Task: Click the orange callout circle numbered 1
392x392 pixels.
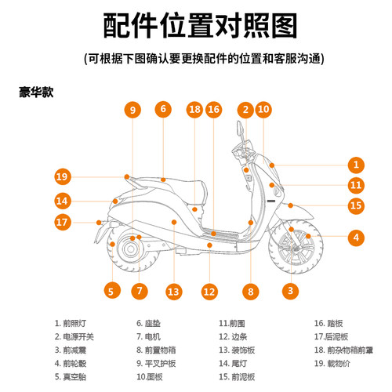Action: point(356,165)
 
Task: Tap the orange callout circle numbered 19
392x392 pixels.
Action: point(63,176)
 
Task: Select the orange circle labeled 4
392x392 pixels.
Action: point(356,237)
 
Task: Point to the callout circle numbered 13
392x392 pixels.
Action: point(173,292)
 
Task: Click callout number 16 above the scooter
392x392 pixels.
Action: point(213,110)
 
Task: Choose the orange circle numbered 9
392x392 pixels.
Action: point(132,110)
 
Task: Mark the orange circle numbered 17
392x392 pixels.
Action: point(63,222)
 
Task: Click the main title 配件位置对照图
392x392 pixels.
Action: point(195,25)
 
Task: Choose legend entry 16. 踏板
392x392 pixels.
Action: point(330,322)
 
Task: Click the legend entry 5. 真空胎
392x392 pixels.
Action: point(74,376)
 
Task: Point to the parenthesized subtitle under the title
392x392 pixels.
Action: point(195,60)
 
